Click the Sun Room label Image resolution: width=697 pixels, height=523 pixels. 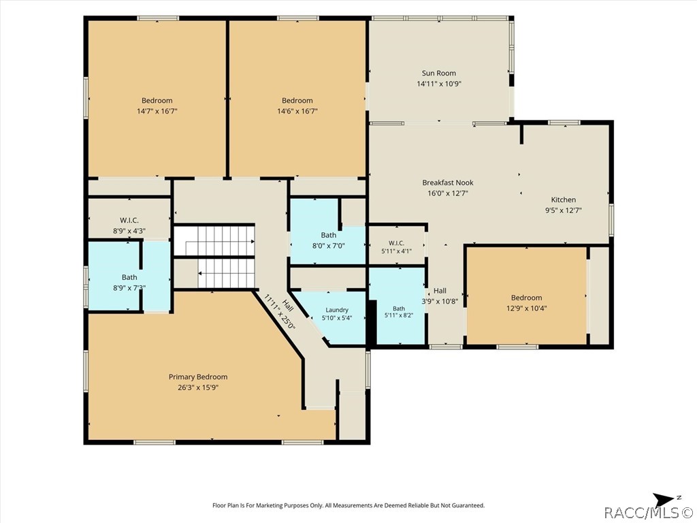coord(439,74)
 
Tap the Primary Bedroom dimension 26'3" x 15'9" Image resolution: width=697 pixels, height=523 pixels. coord(198,387)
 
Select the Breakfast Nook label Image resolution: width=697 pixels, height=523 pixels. coord(448,183)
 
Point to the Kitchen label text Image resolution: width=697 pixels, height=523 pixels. coord(563,200)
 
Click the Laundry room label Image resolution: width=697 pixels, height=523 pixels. coord(337,310)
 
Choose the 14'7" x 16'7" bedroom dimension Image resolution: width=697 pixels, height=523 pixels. coord(157,111)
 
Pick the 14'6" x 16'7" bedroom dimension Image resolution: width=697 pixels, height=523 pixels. coord(297,111)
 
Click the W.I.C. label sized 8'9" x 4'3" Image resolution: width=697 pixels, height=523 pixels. coord(129,221)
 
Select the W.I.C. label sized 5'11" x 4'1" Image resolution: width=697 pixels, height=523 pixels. coord(396,243)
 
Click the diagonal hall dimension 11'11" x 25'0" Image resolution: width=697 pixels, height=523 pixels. coord(279,311)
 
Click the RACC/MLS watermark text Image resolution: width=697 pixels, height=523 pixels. coord(649,513)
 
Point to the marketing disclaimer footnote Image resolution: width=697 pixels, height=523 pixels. coord(348,505)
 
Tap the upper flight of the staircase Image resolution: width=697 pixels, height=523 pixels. coord(214,241)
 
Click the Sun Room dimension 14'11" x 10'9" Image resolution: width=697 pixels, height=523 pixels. coord(439,84)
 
